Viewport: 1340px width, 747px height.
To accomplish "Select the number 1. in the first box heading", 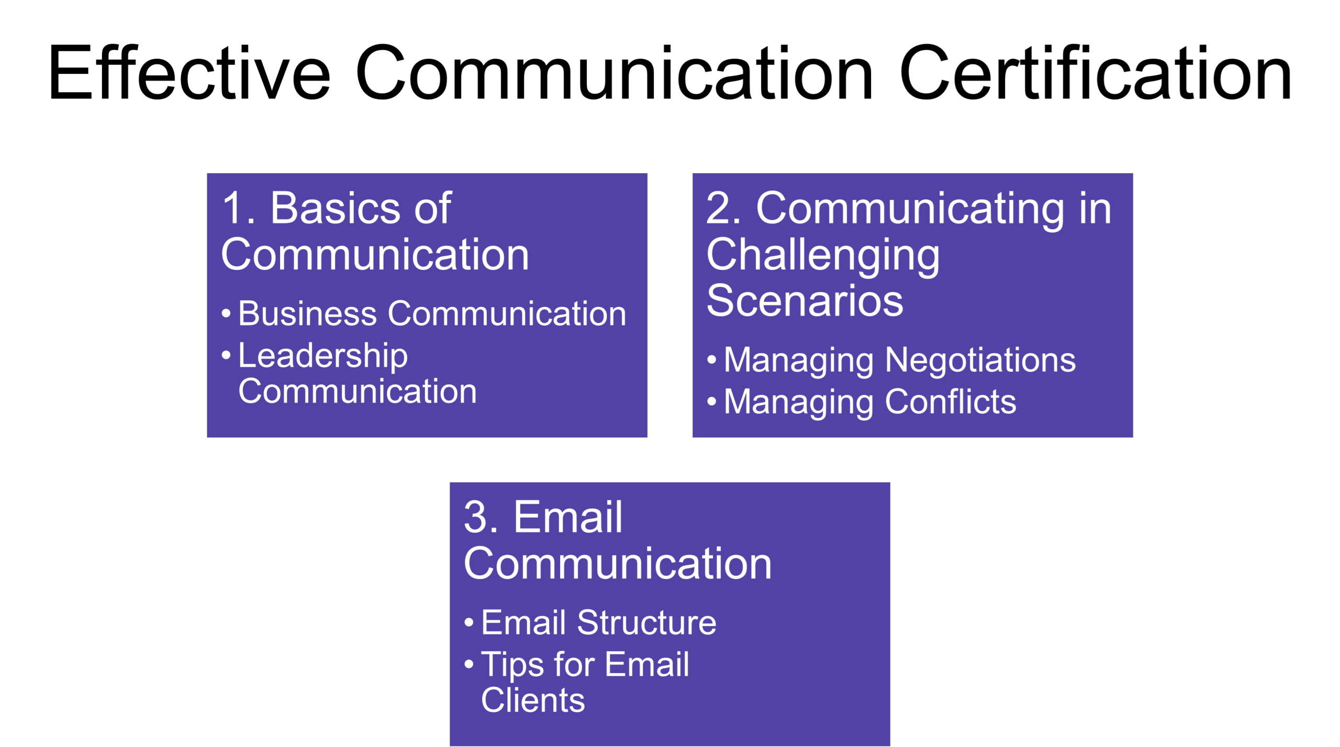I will tap(238, 208).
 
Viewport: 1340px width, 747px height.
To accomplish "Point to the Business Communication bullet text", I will tap(432, 314).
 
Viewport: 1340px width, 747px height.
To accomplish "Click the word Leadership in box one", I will tap(323, 356).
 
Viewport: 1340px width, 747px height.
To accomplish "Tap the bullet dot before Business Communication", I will tap(226, 314).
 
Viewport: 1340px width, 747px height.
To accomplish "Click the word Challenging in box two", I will tap(823, 255).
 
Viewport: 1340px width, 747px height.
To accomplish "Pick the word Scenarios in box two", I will tap(805, 301).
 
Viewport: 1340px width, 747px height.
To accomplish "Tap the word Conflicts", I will tap(951, 402).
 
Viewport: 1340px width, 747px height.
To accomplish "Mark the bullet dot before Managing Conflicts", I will tap(711, 402).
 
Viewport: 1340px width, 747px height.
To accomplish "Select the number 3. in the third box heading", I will tap(481, 517).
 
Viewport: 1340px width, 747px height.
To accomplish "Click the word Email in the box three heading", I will tap(568, 517).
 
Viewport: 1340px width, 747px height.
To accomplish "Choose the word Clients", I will tap(533, 700).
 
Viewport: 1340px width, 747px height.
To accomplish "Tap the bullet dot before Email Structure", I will tap(469, 623).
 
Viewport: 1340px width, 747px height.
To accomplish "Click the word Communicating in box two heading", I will tap(910, 208).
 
